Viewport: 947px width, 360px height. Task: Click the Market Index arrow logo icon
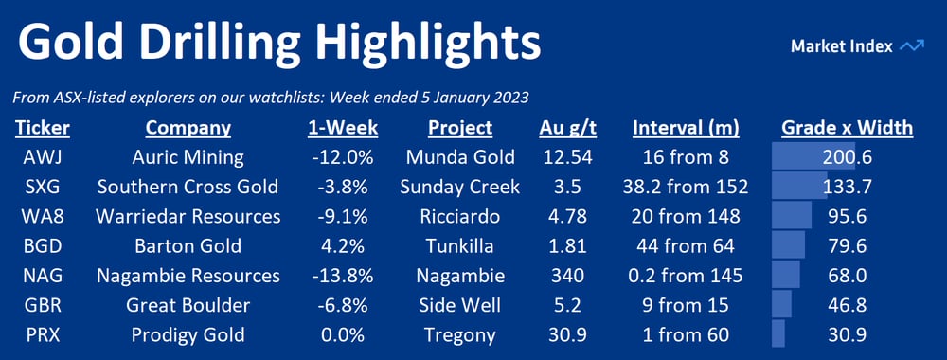tap(911, 46)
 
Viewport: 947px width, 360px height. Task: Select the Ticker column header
tap(43, 128)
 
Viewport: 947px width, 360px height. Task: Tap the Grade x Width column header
tap(848, 128)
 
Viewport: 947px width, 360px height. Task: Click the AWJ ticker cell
tap(43, 157)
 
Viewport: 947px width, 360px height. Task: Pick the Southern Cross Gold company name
tap(188, 188)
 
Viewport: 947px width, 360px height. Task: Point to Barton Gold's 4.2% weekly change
tap(342, 245)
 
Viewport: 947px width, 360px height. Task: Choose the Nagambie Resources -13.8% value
tap(342, 276)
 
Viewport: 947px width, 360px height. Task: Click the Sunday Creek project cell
tap(459, 188)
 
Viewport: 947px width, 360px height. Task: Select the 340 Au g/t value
tap(567, 276)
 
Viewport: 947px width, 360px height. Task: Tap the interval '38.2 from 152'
tap(686, 188)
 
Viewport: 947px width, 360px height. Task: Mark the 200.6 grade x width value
tap(848, 157)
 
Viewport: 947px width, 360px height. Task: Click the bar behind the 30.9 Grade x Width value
tap(777, 334)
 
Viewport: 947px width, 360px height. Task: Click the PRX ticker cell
tap(43, 334)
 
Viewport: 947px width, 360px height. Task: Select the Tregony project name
tap(459, 334)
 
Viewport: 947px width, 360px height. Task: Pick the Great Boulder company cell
tap(188, 305)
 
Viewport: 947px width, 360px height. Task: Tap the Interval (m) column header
tap(686, 128)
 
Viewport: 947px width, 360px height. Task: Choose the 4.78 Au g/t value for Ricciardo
tap(567, 216)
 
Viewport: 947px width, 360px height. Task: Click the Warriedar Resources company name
tap(188, 216)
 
